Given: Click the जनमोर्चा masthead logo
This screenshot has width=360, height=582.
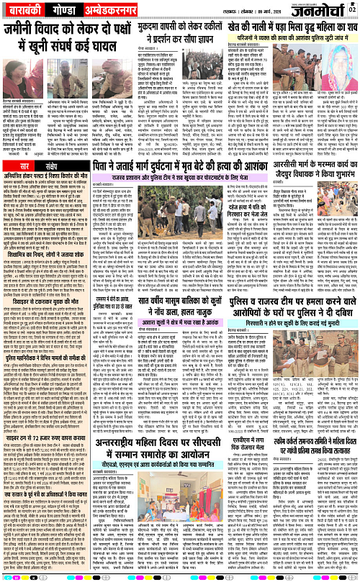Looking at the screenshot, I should pos(327,14).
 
